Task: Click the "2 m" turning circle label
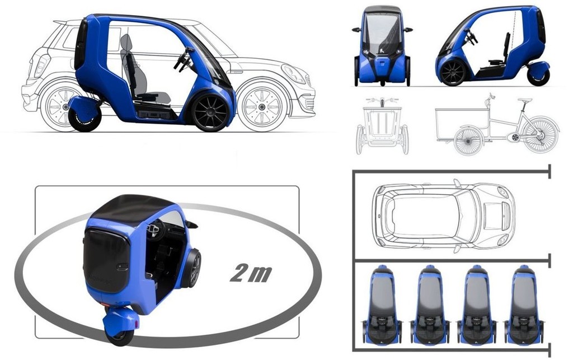click(x=251, y=273)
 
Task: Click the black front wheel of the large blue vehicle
click(x=211, y=113)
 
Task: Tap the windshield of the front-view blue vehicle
click(x=382, y=34)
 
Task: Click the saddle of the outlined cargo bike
click(x=524, y=100)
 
